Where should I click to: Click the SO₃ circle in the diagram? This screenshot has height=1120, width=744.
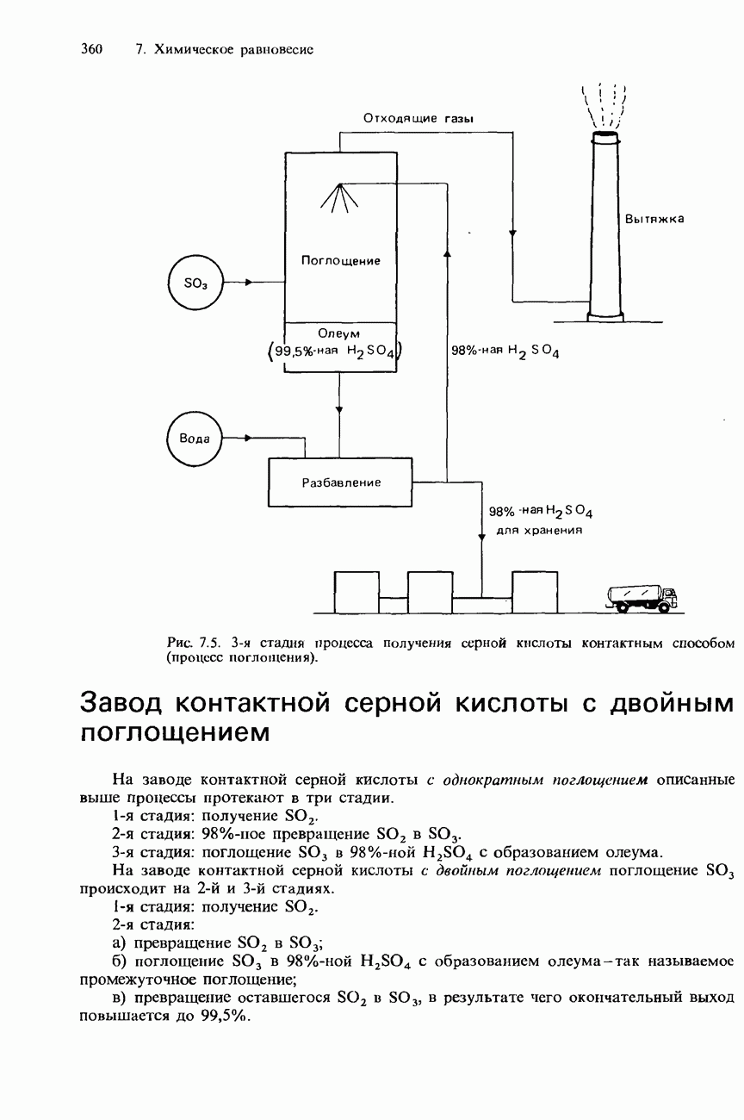[x=195, y=283]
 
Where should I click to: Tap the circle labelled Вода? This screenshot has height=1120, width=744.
[x=194, y=439]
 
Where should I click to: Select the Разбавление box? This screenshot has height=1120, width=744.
[x=340, y=482]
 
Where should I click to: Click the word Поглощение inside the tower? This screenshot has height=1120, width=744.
[x=340, y=259]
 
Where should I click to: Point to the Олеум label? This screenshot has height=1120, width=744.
[x=338, y=333]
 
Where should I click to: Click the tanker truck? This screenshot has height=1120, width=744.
[x=642, y=597]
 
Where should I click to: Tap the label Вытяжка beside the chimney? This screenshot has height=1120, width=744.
[x=654, y=220]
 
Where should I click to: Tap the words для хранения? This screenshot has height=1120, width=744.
[x=541, y=530]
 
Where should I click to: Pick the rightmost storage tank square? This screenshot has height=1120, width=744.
[x=534, y=592]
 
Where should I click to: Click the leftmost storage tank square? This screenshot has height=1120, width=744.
[x=356, y=592]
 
